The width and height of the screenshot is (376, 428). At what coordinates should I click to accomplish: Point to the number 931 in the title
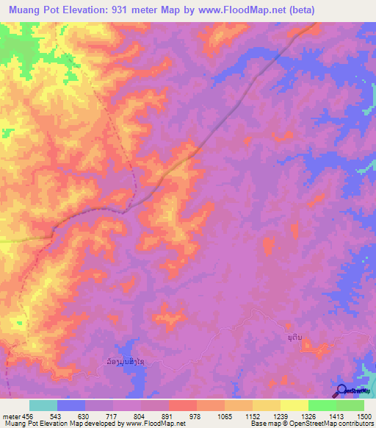134,10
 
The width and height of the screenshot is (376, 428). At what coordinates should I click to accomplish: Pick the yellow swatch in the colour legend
294,405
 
